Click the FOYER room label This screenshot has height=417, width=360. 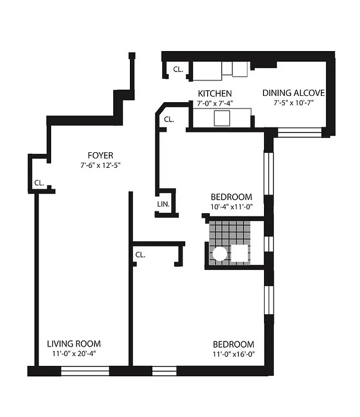[100, 155]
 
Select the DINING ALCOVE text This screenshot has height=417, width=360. [293, 93]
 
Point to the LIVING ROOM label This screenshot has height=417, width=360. [74, 344]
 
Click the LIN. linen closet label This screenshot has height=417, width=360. [163, 204]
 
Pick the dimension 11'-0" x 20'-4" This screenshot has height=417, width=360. [74, 354]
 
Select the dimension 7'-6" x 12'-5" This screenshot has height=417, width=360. [100, 165]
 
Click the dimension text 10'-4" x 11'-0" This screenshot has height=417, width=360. [231, 207]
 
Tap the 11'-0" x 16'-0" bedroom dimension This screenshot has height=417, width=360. [233, 354]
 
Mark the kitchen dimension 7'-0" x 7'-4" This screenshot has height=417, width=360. [214, 103]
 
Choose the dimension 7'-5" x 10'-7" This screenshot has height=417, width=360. [293, 103]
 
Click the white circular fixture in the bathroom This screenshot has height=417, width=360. [220, 254]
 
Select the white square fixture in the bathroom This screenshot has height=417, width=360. [241, 254]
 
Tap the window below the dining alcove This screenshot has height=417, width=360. [299, 132]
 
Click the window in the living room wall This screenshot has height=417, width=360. [85, 371]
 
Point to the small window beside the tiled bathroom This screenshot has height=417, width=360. [269, 243]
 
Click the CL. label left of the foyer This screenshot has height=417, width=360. [39, 183]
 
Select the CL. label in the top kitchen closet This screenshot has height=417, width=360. [178, 69]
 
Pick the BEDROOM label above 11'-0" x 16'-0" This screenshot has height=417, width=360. [233, 345]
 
